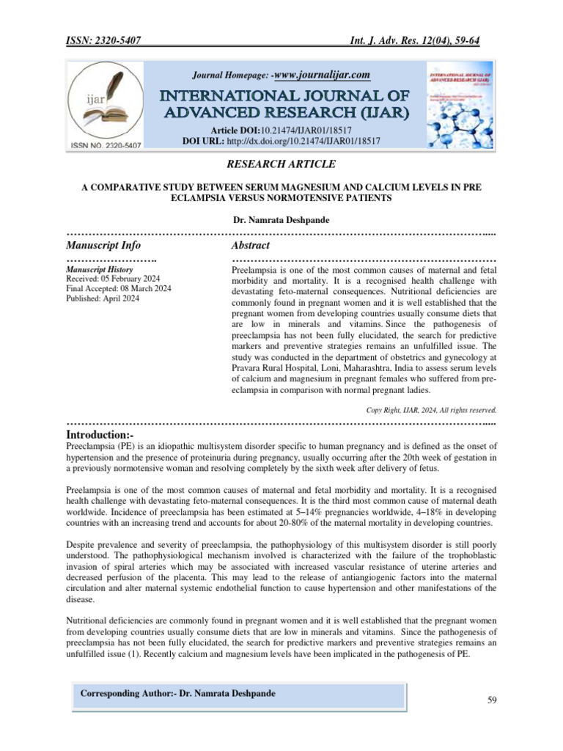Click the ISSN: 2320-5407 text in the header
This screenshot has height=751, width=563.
(103, 40)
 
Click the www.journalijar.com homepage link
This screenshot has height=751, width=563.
(321, 75)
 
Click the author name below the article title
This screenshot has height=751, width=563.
(281, 219)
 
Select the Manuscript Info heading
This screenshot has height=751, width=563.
(103, 245)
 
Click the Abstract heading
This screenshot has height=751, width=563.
(250, 245)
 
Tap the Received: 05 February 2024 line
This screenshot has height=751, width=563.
(118, 279)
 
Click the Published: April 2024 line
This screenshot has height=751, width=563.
(102, 298)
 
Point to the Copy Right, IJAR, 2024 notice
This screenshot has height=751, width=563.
(431, 410)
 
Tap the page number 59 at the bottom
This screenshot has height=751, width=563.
(493, 700)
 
